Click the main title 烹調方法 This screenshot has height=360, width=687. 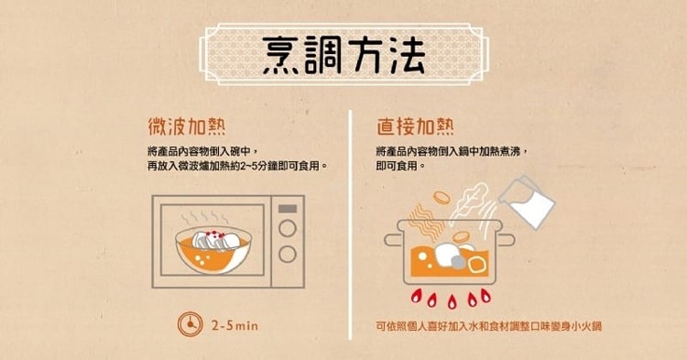click(343, 55)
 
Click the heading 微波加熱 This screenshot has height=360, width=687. click(187, 126)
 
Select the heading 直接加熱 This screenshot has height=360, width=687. click(415, 126)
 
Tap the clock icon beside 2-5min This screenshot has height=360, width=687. click(191, 324)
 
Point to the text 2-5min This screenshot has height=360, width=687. click(234, 325)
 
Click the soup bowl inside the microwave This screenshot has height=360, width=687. click(213, 250)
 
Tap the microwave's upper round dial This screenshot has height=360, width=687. click(288, 228)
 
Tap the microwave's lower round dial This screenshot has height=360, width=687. click(288, 254)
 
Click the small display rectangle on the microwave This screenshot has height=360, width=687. click(288, 209)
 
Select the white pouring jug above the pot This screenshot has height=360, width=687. click(527, 202)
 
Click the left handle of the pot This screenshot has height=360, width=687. click(394, 240)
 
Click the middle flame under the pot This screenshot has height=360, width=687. click(452, 300)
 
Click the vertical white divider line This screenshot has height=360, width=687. click(351, 224)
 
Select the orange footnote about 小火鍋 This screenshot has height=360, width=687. click(488, 326)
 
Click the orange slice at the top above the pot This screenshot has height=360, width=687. click(442, 198)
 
